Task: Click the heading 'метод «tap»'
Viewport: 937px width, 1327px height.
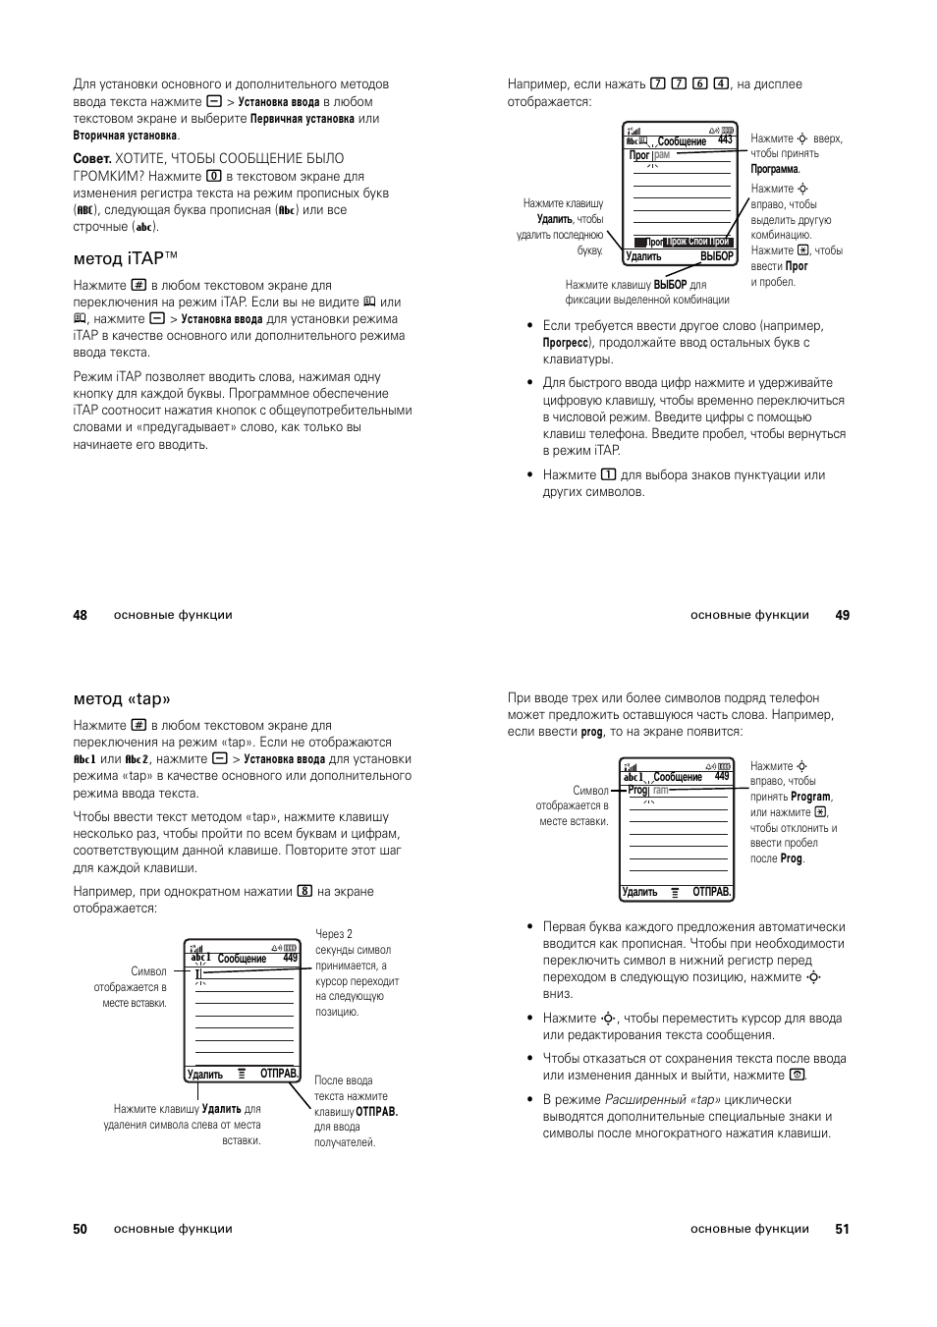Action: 122,698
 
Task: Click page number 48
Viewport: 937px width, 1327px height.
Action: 80,615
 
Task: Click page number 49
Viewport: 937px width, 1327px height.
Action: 842,615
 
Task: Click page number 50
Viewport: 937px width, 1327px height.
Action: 80,1229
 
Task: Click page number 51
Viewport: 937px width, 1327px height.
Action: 842,1229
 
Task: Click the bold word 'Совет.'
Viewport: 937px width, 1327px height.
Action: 91,158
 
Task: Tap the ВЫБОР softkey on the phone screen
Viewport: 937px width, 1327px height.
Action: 716,257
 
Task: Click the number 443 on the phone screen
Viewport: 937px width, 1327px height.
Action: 725,140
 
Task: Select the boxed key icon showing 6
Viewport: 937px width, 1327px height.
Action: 699,84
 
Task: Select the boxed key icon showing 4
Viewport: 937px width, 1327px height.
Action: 721,84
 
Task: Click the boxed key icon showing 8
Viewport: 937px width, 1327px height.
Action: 304,892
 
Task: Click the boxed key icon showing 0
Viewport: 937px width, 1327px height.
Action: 213,176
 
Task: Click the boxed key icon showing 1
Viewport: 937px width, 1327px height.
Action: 608,475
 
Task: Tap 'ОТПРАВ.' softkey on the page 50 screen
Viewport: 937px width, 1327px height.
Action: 279,1075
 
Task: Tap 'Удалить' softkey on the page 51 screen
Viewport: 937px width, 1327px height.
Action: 640,892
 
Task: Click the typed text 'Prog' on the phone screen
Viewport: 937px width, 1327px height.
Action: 637,790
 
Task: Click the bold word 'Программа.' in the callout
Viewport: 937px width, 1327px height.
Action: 775,169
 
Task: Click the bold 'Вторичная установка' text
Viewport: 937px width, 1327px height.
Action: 125,136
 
